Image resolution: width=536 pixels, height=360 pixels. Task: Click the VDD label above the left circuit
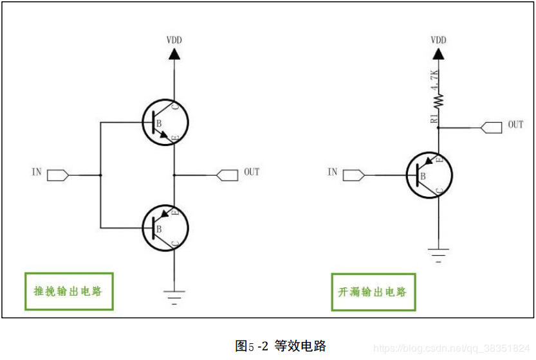[x=174, y=40]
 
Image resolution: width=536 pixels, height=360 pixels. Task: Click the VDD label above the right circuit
[x=438, y=40]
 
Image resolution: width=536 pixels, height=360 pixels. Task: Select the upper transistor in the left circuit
[x=165, y=122]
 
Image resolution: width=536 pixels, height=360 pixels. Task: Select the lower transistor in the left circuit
[x=165, y=226]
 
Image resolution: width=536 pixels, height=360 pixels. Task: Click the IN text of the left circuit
[x=36, y=172]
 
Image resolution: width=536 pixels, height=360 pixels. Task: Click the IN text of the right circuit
[x=332, y=172]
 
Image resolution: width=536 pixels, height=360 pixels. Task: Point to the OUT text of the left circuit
[x=252, y=172]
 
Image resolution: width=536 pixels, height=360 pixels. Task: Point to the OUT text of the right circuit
[x=515, y=124]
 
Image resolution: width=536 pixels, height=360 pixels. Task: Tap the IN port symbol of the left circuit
[x=58, y=174]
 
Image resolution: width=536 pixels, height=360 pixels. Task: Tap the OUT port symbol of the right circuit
[x=491, y=127]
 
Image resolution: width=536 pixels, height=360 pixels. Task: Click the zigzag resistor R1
[x=438, y=100]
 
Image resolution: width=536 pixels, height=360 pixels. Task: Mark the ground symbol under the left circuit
[x=174, y=296]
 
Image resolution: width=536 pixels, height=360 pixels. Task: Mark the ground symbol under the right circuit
[x=438, y=255]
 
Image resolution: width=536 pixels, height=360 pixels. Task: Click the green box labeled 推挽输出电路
[x=68, y=291]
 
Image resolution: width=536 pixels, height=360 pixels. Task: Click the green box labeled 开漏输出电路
[x=373, y=292]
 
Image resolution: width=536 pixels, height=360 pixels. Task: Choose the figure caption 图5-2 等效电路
[x=281, y=345]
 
